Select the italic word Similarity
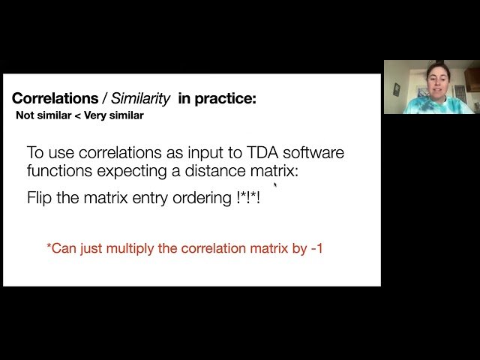click(x=141, y=98)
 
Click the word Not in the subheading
click(x=25, y=116)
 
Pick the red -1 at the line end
click(x=316, y=247)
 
